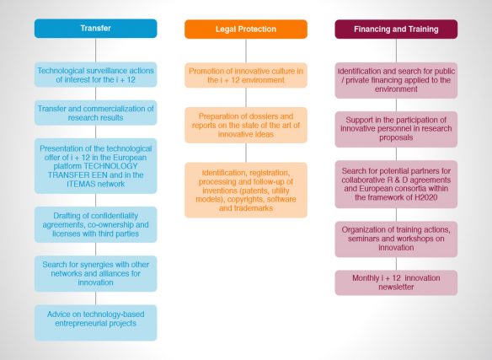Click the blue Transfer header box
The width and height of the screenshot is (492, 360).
96,29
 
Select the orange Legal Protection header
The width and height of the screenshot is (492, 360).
246,30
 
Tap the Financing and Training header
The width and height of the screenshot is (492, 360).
396,30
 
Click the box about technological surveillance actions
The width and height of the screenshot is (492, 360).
96,75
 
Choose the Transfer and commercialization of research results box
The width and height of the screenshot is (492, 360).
96,113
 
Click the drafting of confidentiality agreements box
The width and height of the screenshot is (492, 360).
96,224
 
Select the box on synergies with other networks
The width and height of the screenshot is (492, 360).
96,274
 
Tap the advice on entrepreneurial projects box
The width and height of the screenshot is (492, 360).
96,323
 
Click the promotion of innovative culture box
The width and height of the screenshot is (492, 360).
246,75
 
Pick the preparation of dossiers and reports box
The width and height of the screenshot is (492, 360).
246,125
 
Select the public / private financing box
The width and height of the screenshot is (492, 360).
396,80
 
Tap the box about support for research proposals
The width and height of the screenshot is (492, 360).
396,129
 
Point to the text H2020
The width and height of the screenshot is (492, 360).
425,197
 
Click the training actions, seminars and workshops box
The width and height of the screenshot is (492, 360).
396,239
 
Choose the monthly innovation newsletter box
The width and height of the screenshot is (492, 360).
396,282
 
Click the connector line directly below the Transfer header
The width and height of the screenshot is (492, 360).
96,51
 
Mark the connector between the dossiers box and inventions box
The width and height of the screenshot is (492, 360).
246,153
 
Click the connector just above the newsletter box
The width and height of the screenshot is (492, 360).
396,264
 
